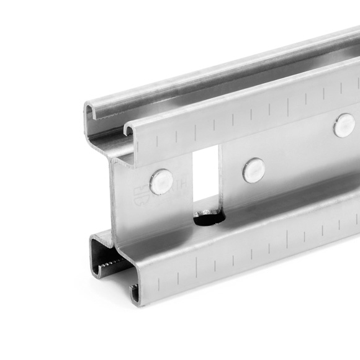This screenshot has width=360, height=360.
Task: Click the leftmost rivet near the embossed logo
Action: pos(161,180)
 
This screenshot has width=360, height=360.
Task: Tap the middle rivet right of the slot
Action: pos(253,170)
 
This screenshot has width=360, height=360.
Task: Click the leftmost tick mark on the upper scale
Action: pos(157,141)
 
